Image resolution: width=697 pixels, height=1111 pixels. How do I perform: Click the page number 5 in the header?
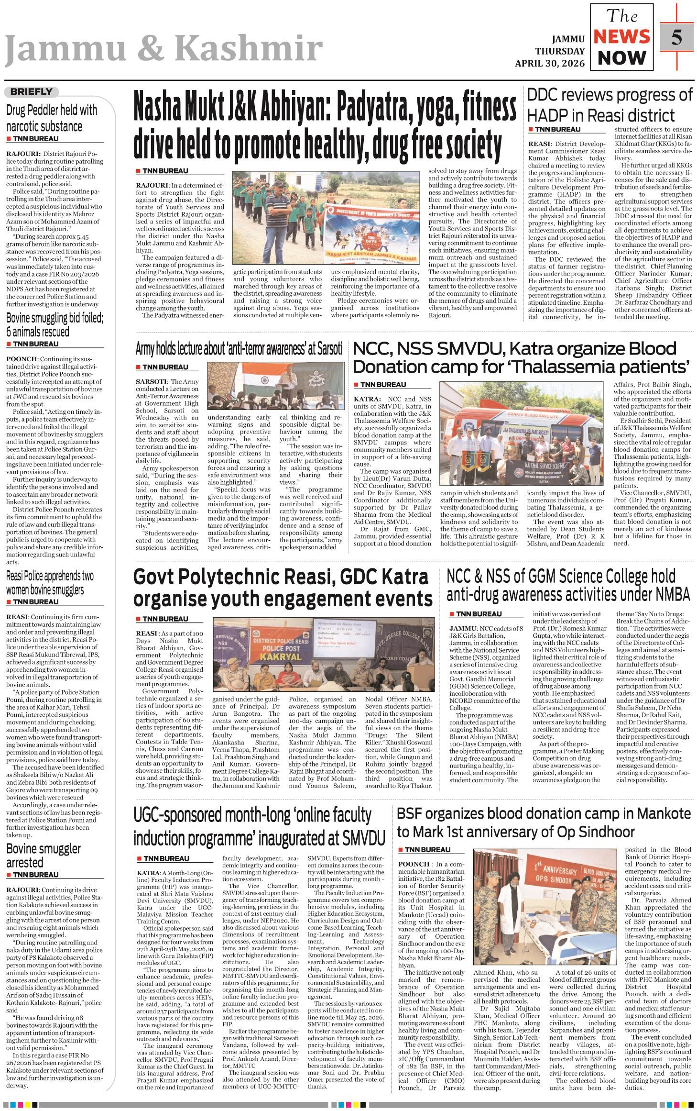[676, 37]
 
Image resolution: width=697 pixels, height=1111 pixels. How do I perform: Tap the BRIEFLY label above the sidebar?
[31, 91]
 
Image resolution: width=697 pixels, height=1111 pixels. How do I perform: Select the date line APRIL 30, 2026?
[549, 63]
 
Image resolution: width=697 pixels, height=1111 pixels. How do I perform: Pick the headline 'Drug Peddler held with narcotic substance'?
[51, 118]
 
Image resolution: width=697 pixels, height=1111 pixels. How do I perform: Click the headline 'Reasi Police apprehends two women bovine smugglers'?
[50, 582]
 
